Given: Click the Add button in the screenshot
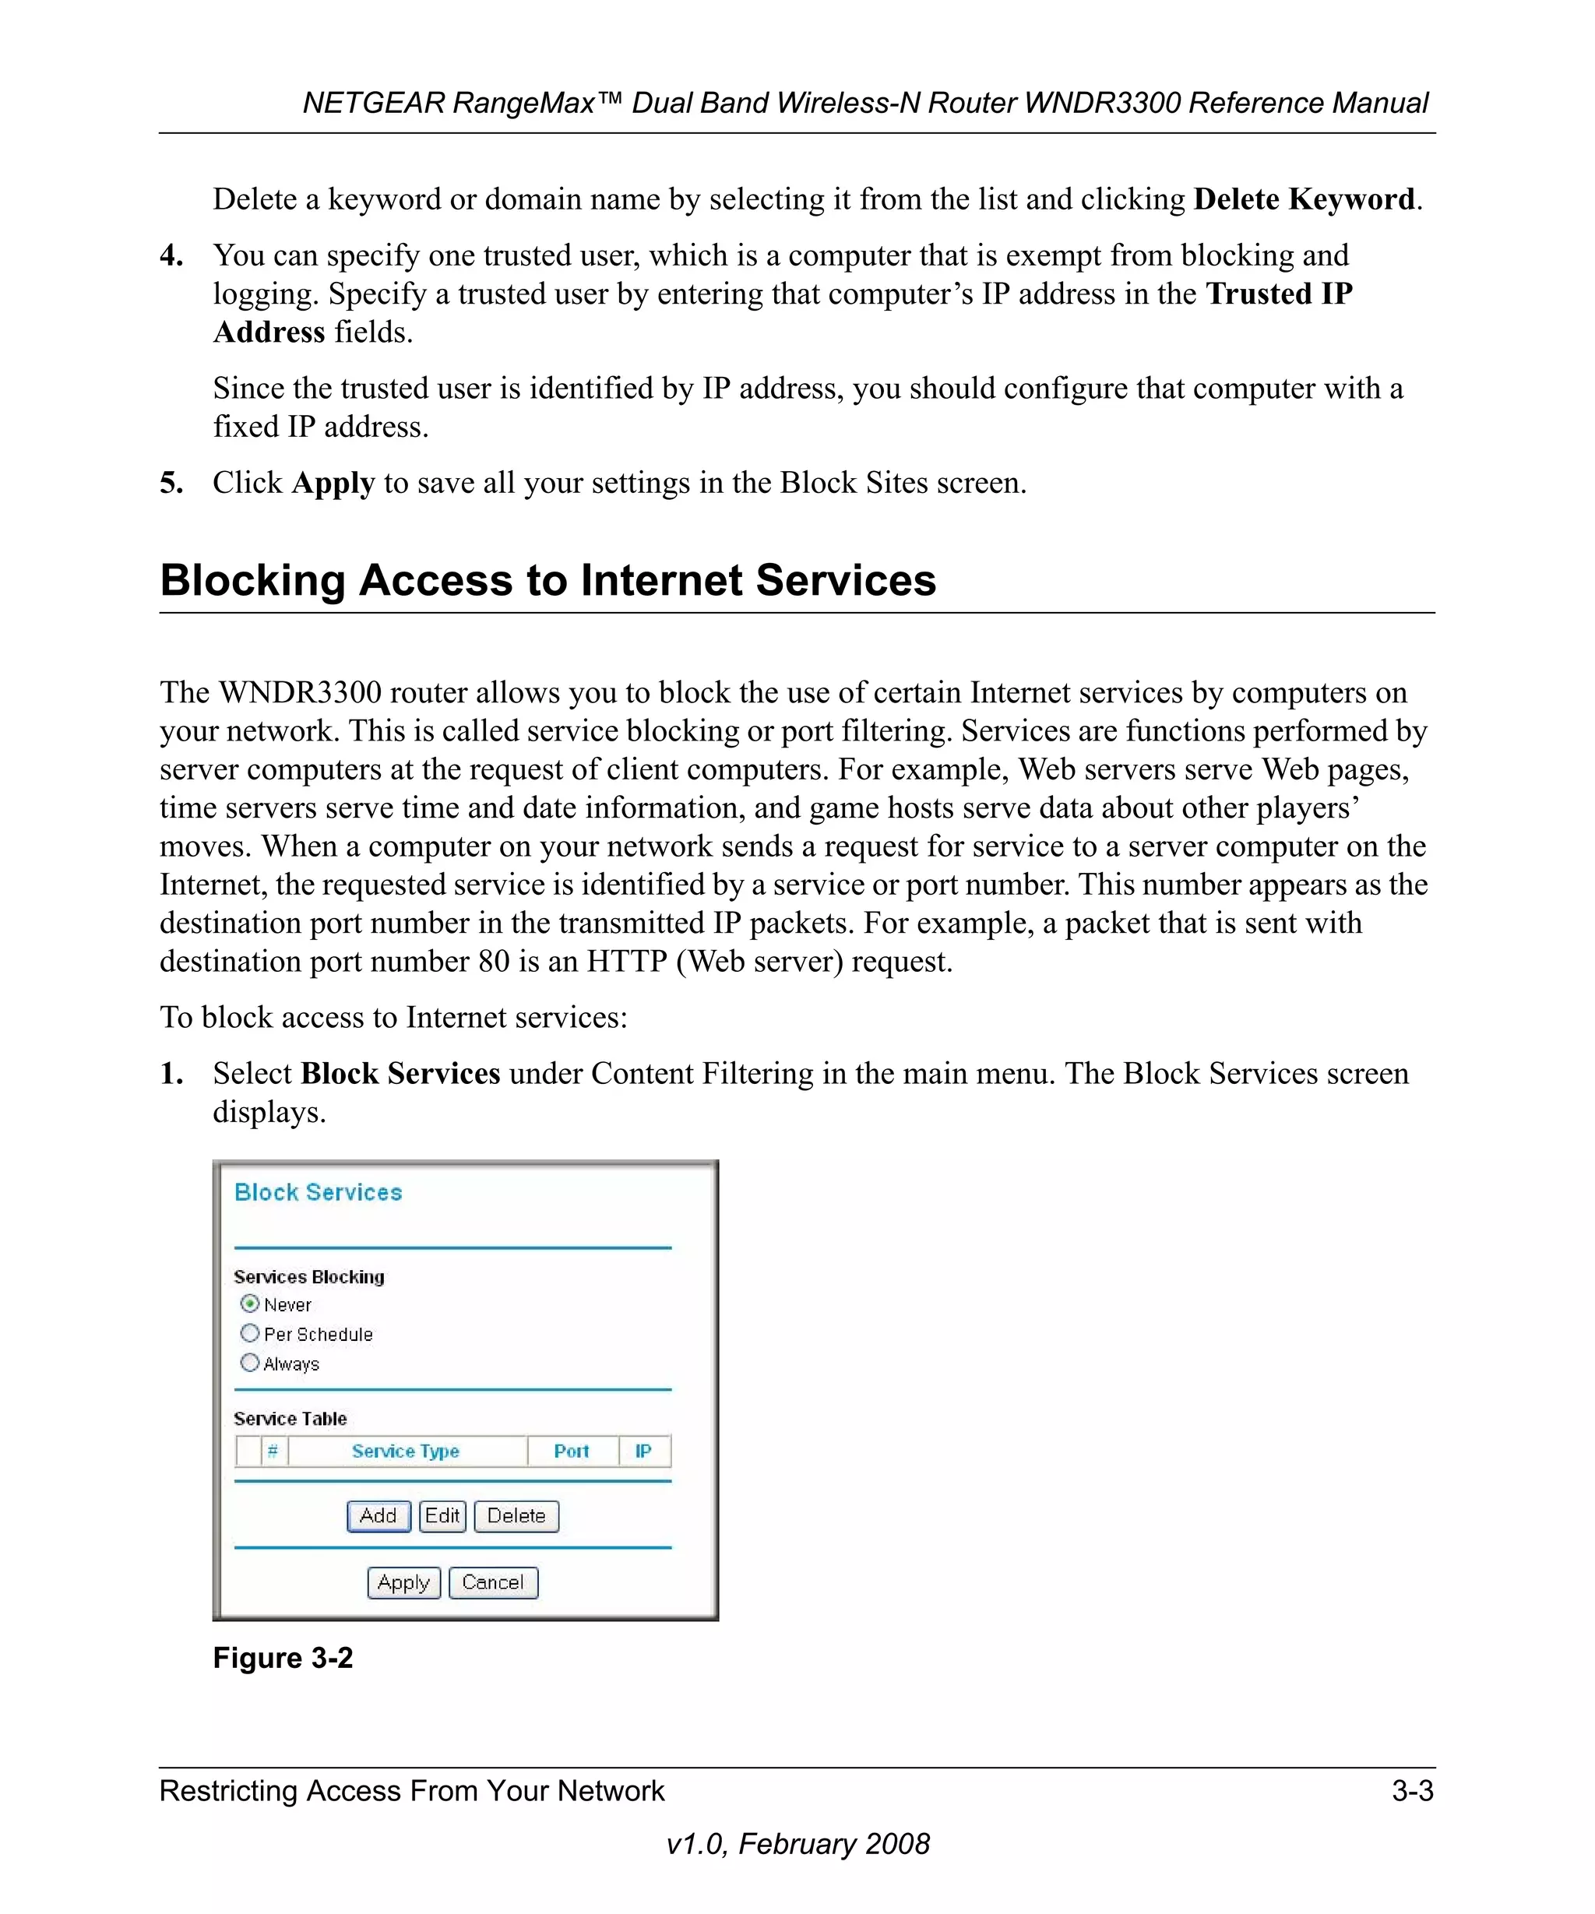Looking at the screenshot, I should [x=379, y=1516].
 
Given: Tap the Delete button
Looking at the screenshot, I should [x=516, y=1516].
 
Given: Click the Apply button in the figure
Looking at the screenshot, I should [x=403, y=1582].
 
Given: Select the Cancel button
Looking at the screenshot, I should [x=493, y=1582].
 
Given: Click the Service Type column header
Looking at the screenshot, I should [x=406, y=1451].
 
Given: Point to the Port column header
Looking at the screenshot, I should [x=572, y=1451].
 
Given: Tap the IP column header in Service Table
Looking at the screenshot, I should [x=643, y=1451].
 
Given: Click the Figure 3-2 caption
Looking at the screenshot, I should [x=283, y=1657].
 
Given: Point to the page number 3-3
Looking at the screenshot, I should [x=1412, y=1790].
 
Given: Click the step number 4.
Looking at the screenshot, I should [x=171, y=255].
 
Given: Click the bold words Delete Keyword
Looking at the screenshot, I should [x=1305, y=199].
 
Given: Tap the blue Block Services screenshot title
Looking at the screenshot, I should [x=318, y=1192].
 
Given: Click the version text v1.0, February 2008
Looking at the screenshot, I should [x=797, y=1843].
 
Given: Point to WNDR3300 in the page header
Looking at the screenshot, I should [x=1102, y=103].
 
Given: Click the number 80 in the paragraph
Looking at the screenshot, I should [x=494, y=962].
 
